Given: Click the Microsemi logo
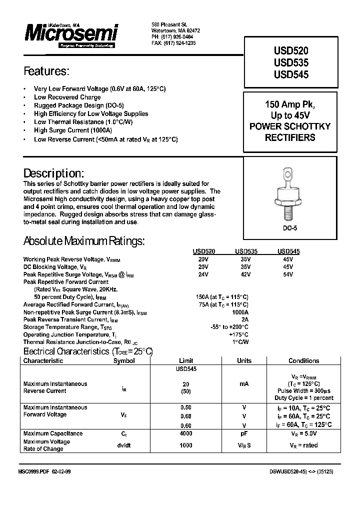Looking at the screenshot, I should [71, 34].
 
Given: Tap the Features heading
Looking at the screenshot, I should [46, 71].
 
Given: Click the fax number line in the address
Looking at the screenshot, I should [173, 43].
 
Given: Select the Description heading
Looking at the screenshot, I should [53, 173].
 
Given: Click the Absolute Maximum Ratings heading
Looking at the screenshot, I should [84, 241].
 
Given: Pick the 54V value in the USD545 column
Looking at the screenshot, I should [288, 274].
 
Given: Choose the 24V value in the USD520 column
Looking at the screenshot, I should [203, 274].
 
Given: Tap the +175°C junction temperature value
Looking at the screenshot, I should [238, 334].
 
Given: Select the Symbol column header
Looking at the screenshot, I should [124, 360].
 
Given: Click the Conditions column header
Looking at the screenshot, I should [303, 360].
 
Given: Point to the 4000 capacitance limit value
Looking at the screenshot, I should [186, 433].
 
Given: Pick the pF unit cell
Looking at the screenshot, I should [244, 433].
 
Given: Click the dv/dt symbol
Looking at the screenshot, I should [124, 445].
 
